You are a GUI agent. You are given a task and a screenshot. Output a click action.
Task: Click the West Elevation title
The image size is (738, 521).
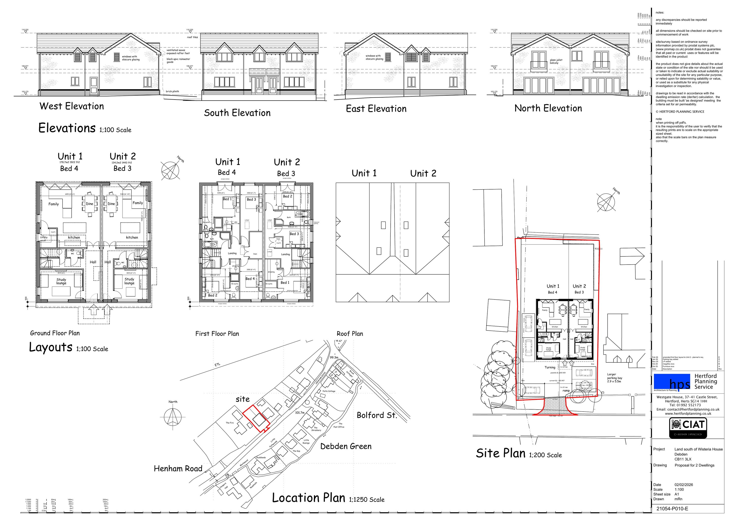71,106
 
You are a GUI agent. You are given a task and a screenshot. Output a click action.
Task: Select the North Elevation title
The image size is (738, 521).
548,108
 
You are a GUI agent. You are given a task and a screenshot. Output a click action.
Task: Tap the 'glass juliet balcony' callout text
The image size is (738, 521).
556,61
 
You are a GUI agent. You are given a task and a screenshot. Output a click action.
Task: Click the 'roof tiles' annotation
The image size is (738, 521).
193,37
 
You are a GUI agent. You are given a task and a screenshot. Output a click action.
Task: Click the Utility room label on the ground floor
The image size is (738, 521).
44,237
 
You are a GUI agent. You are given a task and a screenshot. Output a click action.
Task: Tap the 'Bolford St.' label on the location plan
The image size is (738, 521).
377,415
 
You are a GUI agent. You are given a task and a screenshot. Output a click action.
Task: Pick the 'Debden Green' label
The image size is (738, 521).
346,446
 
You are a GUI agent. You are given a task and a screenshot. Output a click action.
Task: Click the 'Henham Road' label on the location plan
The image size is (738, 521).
178,469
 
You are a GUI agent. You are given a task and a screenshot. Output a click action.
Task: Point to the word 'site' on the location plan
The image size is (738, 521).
242,399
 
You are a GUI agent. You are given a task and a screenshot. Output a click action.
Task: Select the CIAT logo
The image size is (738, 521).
688,428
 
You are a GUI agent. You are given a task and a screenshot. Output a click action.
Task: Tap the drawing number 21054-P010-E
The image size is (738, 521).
672,508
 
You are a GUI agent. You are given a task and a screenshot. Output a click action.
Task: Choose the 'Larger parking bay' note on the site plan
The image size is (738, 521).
615,378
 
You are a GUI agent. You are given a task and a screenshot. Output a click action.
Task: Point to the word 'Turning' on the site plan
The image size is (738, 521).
550,367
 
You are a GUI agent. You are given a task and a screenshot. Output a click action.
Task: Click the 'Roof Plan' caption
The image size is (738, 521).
350,334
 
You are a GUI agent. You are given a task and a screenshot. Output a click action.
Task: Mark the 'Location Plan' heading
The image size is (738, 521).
308,498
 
